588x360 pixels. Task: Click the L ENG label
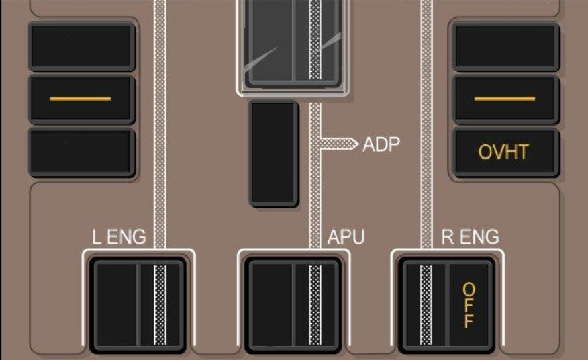[119, 237]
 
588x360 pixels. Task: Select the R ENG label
[470, 237]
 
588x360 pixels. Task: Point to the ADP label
[381, 144]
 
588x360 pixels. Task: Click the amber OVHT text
[503, 152]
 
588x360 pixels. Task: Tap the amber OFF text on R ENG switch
[469, 305]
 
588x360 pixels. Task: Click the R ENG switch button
[446, 305]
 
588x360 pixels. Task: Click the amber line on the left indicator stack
[81, 99]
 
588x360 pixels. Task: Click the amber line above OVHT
[505, 99]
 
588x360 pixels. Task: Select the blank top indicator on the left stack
[81, 46]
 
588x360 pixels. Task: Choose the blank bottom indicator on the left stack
[81, 152]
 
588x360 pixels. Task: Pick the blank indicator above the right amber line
[505, 46]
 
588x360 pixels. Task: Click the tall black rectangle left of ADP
[273, 153]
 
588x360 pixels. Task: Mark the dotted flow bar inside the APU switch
[315, 305]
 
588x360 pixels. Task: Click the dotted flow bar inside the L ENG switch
[160, 305]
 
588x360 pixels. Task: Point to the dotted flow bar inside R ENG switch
[426, 305]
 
